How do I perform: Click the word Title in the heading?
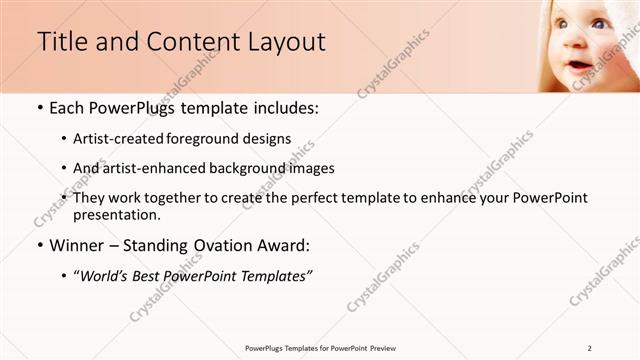tap(60, 43)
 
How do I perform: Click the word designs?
tap(267, 139)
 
